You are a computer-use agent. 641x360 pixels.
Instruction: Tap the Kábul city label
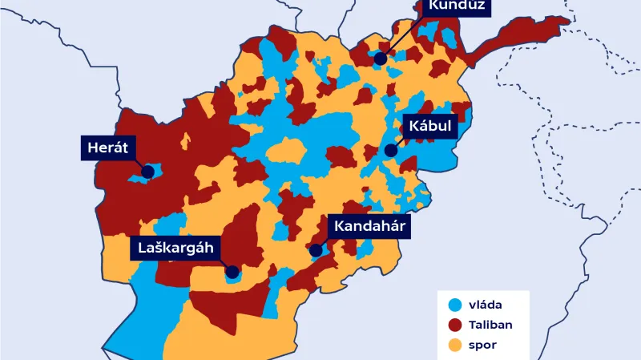point(429,127)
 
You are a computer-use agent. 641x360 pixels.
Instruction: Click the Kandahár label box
point(369,227)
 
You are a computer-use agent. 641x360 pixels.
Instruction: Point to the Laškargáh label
point(174,248)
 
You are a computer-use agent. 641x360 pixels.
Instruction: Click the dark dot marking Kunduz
point(381,59)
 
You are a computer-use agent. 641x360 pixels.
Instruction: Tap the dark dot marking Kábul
point(390,150)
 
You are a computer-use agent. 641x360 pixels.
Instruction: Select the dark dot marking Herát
point(147,171)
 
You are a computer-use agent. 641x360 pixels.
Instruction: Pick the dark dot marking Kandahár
point(316,250)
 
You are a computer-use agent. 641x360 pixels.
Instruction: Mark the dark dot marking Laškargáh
point(232,272)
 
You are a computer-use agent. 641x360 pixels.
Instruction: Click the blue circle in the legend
point(455,304)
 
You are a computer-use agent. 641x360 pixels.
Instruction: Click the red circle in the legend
point(455,325)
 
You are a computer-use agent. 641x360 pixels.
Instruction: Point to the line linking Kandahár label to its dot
point(323,243)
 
